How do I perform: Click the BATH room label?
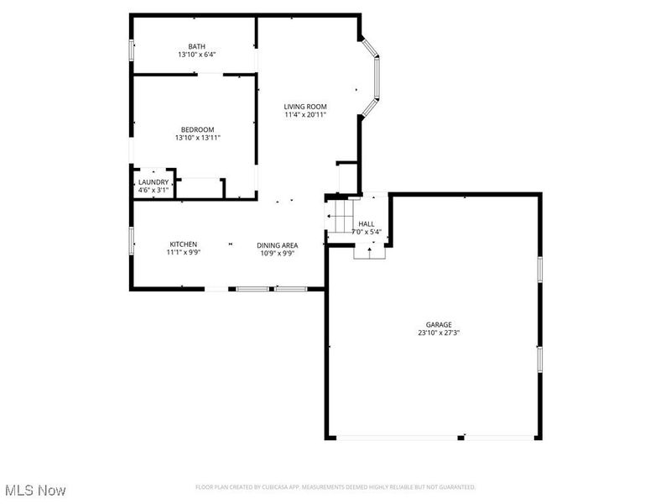(x=196, y=46)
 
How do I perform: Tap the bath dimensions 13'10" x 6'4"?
(x=196, y=55)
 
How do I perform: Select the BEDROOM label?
(x=198, y=129)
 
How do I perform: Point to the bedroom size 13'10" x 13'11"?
(x=198, y=138)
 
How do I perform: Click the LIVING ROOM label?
(x=305, y=106)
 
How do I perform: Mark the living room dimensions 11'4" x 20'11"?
(x=305, y=115)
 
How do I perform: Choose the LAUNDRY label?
(x=153, y=182)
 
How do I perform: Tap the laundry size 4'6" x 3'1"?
(x=153, y=191)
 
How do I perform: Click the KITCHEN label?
(x=183, y=244)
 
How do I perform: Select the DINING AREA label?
(x=278, y=244)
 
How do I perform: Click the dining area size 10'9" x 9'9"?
(x=278, y=254)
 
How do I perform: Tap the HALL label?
(x=367, y=223)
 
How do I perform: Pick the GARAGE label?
(x=439, y=324)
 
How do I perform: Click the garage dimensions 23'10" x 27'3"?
(x=439, y=333)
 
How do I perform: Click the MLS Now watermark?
(x=35, y=489)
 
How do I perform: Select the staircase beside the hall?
(x=341, y=221)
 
